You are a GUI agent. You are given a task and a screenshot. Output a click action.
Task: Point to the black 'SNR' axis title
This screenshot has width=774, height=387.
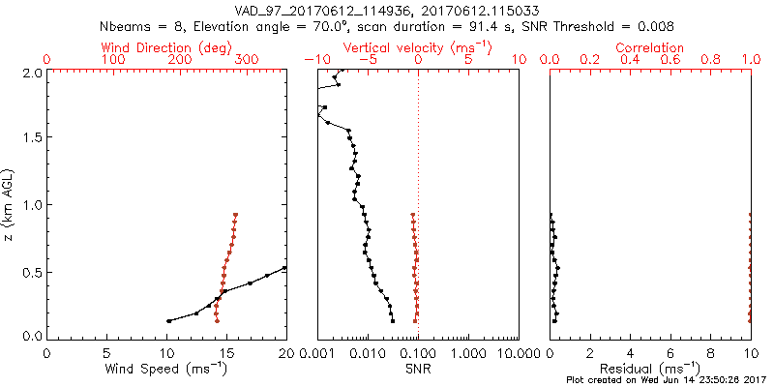click(x=418, y=369)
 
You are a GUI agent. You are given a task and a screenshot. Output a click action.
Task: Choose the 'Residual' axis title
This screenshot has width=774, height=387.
click(x=650, y=369)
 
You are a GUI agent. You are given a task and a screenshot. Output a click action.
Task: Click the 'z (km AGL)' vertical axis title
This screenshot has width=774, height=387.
click(x=9, y=203)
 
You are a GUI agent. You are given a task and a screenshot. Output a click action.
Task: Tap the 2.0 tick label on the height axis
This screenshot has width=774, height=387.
click(x=32, y=73)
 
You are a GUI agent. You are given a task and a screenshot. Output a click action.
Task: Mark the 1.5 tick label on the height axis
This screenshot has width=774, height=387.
click(x=32, y=138)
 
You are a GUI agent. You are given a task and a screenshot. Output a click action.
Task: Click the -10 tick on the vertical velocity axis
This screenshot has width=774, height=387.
click(x=313, y=60)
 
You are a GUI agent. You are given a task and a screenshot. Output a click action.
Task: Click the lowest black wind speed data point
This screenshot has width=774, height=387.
click(x=169, y=321)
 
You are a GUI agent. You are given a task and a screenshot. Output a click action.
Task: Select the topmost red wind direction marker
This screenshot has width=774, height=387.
click(x=235, y=216)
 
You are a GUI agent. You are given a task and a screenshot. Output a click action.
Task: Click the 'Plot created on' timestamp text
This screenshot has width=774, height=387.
click(x=667, y=380)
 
